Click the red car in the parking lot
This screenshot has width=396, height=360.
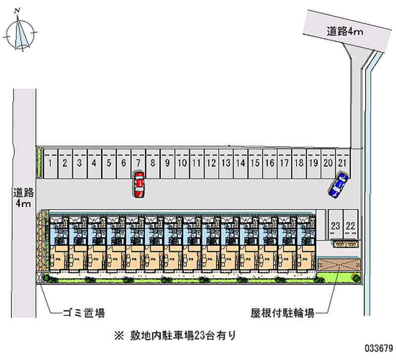pos(140,185)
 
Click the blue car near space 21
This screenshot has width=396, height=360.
pos(339,184)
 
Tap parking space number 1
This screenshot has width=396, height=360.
pos(50,162)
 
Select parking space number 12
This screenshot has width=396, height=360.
pos(211,162)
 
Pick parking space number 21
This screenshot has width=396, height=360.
pos(342,162)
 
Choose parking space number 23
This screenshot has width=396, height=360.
pos(336,225)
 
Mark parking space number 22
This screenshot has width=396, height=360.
pos(351,225)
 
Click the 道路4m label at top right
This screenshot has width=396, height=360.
pos(345,32)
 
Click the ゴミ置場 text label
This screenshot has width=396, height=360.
pos(84,313)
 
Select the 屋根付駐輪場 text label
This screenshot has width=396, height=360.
pos(282,313)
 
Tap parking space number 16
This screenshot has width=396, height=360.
pos(269,162)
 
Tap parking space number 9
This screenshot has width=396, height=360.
pos(167,162)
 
